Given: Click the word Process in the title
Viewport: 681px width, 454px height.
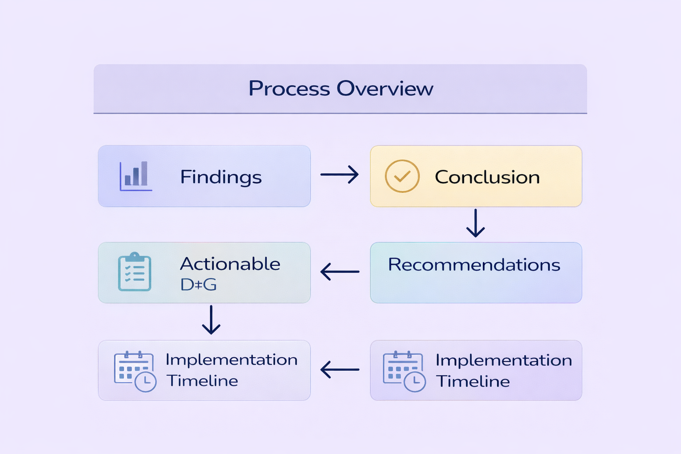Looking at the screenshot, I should click(289, 89).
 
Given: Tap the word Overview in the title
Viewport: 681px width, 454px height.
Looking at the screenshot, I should click(385, 89).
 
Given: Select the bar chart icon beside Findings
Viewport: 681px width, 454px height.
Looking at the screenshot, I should click(136, 176).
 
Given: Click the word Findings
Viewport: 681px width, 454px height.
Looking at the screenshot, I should click(221, 177).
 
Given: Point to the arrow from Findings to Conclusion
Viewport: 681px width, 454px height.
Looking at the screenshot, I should click(340, 175).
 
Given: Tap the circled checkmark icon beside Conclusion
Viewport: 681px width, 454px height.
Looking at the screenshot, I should click(402, 176).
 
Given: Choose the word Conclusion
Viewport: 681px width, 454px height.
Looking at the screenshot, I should click(487, 177).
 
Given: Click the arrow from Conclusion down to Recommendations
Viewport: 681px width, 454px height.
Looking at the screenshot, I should click(475, 223).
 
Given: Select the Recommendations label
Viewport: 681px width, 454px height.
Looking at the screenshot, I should click(474, 265).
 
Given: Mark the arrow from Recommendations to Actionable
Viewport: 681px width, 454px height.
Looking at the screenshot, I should click(340, 272).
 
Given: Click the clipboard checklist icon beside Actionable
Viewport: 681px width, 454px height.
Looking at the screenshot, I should click(135, 272).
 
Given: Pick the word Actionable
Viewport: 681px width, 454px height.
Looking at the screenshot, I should click(230, 264).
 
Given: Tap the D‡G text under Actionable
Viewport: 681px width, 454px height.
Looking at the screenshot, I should click(198, 285).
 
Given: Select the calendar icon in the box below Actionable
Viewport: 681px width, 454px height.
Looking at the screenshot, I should click(135, 371).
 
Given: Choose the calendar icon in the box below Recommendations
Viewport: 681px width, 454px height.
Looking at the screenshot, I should click(404, 371).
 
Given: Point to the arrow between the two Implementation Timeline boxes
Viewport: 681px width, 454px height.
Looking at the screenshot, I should click(340, 369).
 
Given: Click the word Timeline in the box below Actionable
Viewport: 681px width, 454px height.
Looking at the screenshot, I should click(202, 381).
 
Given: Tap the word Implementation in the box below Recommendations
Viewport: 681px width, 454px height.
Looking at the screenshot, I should click(504, 360).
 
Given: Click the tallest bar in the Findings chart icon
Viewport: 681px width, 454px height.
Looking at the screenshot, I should click(144, 173).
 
